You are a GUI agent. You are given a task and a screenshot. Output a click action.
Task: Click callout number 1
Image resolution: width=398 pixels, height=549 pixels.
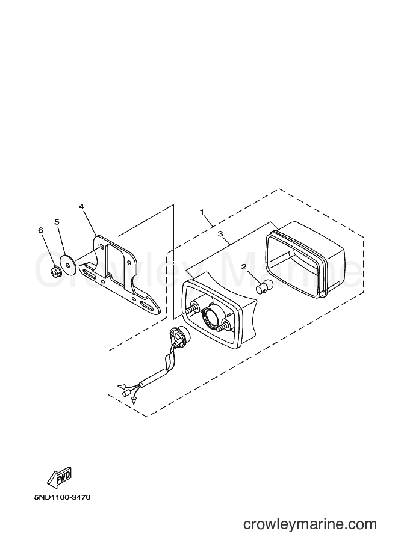[202, 212]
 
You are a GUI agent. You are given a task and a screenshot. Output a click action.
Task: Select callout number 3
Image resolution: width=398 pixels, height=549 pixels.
[220, 234]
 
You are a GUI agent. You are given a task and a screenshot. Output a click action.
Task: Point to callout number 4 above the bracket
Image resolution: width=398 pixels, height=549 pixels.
[81, 207]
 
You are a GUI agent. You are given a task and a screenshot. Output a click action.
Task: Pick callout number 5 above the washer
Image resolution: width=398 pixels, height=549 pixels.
[57, 222]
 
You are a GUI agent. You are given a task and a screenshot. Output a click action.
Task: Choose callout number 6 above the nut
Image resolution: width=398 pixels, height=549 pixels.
[41, 230]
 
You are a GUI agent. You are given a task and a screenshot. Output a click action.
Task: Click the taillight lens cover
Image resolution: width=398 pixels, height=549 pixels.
[305, 259]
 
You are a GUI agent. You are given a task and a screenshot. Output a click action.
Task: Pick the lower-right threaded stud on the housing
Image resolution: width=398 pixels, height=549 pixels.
[224, 325]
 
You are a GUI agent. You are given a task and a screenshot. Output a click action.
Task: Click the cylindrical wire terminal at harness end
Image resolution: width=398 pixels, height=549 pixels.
[125, 394]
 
